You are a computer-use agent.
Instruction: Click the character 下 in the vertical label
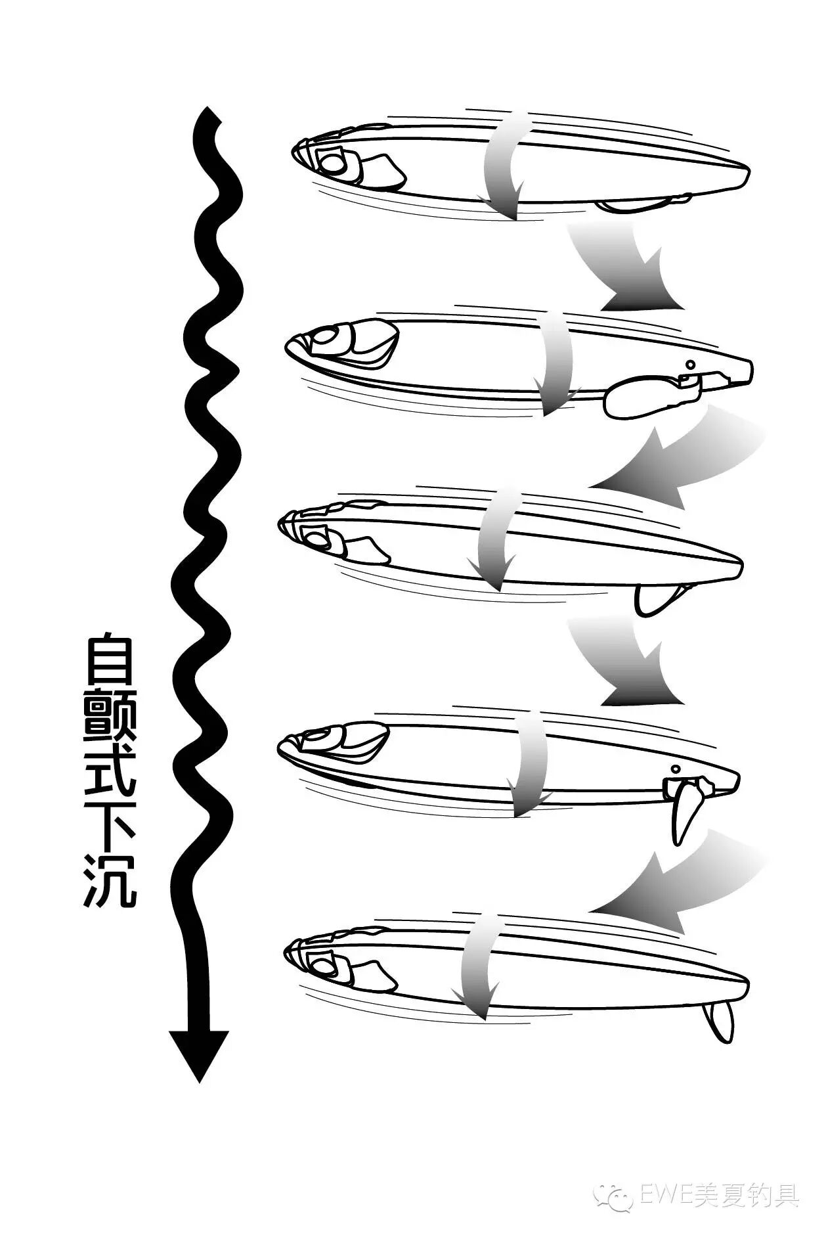[x=110, y=827]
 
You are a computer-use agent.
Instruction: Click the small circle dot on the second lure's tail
[x=689, y=365]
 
